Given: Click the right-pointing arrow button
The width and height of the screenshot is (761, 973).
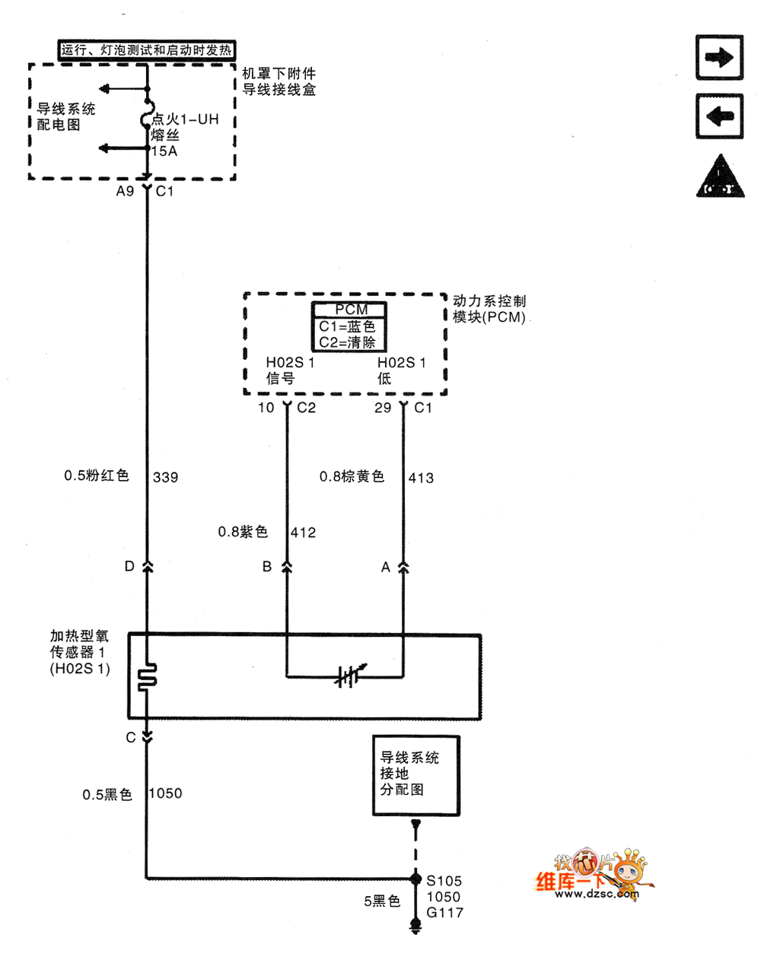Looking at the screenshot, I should (x=719, y=57).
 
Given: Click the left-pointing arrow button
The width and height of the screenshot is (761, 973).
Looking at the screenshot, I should (x=719, y=116).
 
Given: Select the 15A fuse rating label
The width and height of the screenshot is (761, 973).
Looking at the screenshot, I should (x=164, y=151).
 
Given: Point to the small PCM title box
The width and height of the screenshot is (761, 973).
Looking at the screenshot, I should (x=350, y=310).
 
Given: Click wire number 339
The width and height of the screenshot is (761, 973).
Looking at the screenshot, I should (x=165, y=478).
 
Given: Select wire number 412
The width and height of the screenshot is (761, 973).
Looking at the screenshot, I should (x=303, y=533).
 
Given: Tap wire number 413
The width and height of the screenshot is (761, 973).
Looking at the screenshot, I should (x=421, y=478).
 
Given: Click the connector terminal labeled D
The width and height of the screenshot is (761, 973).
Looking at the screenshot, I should (x=147, y=567).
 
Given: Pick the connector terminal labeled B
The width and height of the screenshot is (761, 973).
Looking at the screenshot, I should (x=287, y=567).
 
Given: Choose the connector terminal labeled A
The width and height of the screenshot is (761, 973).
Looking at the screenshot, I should (x=403, y=567).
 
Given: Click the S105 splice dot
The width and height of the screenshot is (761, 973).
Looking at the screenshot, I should (x=416, y=879).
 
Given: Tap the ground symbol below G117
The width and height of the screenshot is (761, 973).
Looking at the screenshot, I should (x=416, y=926).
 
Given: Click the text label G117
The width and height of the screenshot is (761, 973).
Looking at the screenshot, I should (x=444, y=912).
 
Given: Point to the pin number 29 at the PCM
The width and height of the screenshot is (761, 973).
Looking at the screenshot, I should (x=383, y=408).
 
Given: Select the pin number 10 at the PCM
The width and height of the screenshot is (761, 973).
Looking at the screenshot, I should (x=266, y=408).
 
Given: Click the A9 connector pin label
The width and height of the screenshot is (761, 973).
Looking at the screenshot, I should (x=125, y=191).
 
